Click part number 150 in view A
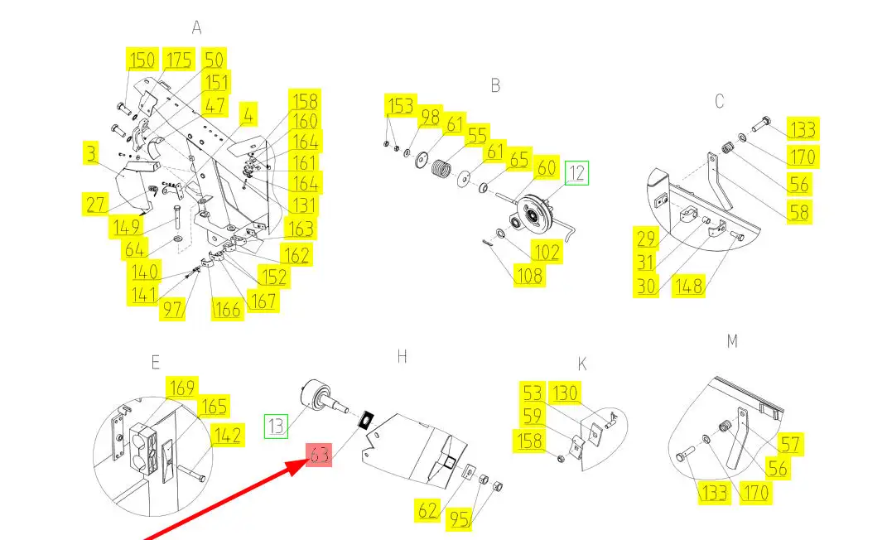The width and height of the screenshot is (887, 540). click(142, 60)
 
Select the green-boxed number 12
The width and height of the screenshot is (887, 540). click(576, 174)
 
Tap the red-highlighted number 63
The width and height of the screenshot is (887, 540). click(320, 455)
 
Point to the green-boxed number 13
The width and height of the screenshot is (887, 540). click(277, 427)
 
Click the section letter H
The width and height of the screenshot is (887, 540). click(402, 357)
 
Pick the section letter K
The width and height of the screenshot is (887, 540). click(582, 364)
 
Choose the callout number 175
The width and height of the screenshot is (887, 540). click(178, 60)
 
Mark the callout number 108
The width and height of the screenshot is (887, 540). click(529, 275)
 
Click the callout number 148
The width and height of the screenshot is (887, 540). click(688, 287)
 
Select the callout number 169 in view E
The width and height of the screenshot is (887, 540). click(181, 388)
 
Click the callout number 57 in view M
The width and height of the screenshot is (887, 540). click(790, 445)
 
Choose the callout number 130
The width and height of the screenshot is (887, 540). click(566, 393)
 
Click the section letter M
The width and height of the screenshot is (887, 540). click(731, 340)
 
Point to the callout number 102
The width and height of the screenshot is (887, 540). click(545, 252)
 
